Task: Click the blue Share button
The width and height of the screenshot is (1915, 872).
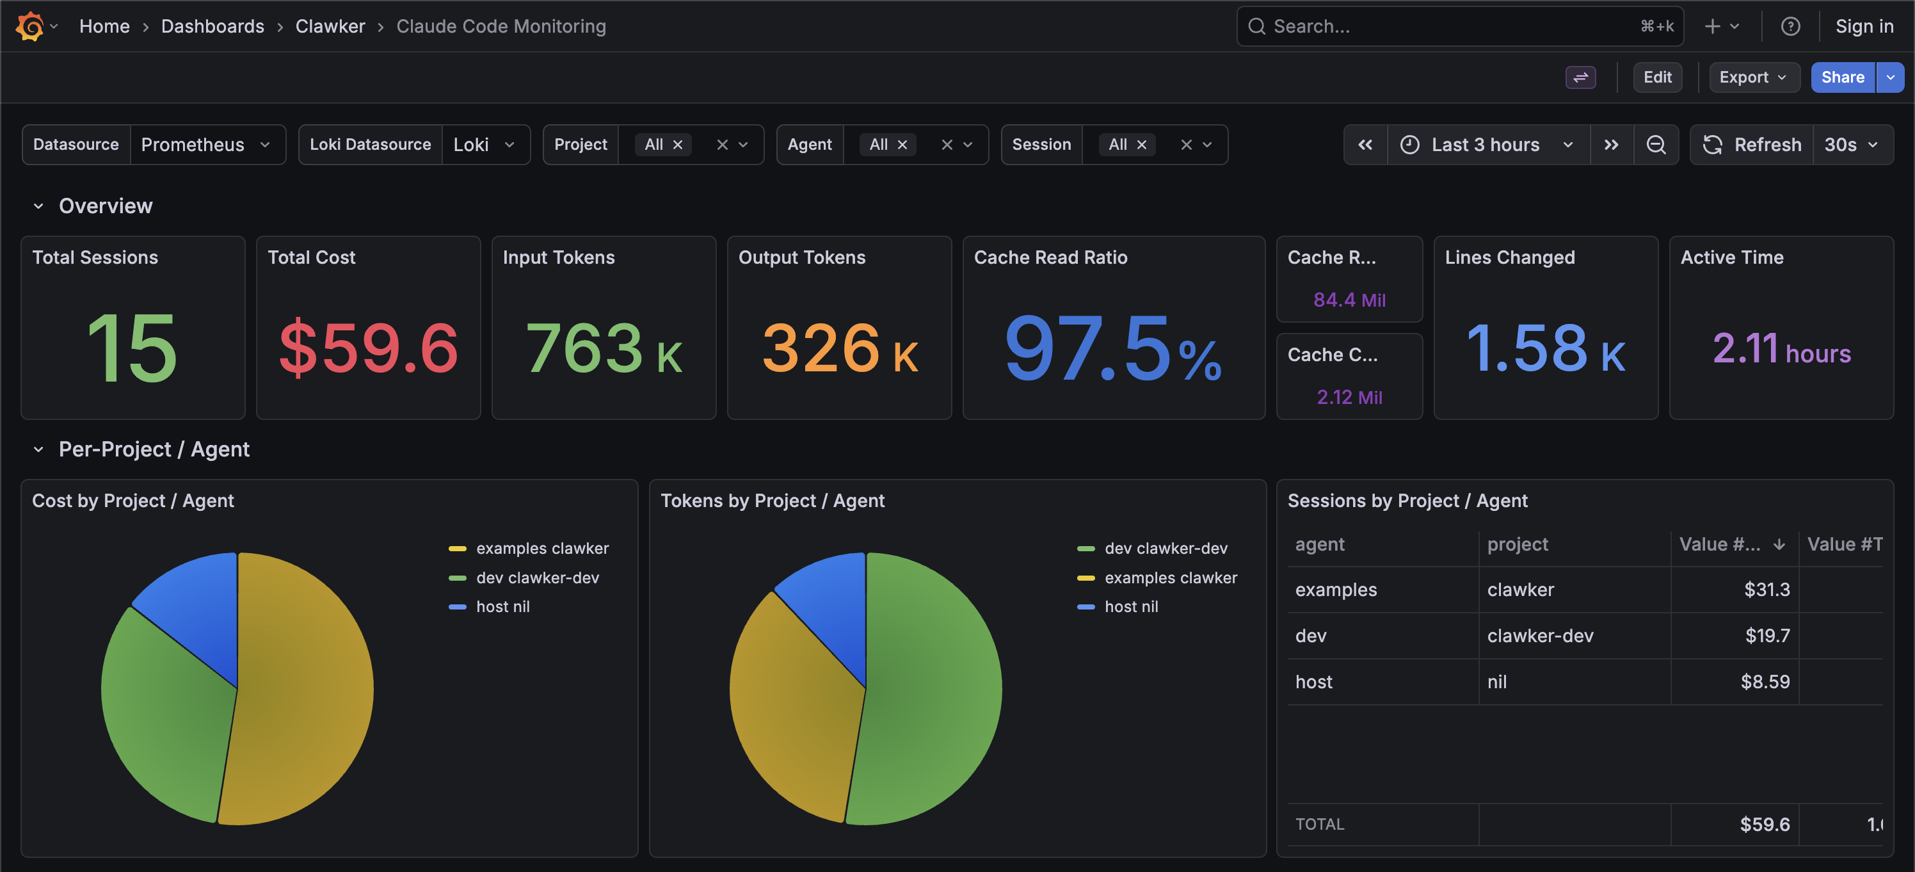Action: pos(1841,77)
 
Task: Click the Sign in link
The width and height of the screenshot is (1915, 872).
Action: pos(1864,26)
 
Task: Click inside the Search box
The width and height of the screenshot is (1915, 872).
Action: pos(1450,26)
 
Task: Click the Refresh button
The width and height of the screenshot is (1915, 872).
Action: pos(1752,144)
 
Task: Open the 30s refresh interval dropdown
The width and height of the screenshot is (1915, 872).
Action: pos(1851,144)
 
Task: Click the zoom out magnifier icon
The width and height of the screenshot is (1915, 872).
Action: pos(1656,144)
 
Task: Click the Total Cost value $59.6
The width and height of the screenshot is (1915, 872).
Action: pos(368,348)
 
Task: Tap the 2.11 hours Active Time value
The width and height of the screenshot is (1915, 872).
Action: pos(1781,350)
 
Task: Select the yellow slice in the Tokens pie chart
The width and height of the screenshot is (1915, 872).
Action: pos(788,706)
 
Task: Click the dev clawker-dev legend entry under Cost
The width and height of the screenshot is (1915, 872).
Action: pos(537,577)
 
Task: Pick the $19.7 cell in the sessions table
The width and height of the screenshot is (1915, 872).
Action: pos(1767,636)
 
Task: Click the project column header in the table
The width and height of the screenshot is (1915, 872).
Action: pos(1518,544)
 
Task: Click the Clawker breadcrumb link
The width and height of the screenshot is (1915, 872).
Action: pos(330,26)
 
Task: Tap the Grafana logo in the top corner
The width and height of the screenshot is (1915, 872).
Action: pos(29,26)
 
